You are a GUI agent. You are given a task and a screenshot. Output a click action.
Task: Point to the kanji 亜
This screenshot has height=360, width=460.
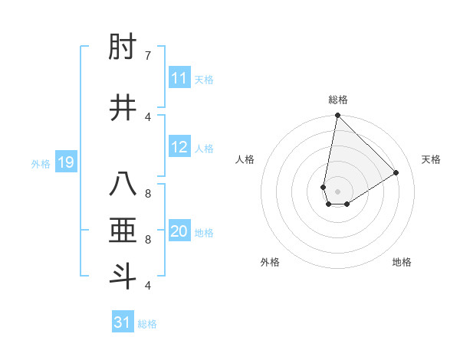124,231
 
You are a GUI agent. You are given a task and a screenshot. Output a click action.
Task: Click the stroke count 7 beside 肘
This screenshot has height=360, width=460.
148,56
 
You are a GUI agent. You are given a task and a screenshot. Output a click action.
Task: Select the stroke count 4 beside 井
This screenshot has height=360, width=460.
148,116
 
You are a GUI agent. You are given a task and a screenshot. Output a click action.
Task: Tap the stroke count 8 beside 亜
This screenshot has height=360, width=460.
148,239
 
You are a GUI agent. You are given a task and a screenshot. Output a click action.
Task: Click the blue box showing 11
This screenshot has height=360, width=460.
179,79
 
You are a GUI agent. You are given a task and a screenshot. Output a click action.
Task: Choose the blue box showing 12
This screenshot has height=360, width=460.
179,148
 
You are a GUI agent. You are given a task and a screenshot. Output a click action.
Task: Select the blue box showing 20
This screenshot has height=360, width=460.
179,232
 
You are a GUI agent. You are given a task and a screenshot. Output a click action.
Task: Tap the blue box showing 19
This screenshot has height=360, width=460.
66,162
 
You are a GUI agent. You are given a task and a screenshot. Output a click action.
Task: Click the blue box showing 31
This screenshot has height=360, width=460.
123,322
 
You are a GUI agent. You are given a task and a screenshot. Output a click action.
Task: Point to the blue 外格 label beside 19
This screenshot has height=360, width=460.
41,163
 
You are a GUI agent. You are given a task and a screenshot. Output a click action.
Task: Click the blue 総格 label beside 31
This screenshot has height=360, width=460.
147,324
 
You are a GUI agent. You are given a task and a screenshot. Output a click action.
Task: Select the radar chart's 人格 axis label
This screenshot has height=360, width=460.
245,159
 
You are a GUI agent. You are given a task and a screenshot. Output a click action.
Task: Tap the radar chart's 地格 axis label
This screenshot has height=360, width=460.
402,262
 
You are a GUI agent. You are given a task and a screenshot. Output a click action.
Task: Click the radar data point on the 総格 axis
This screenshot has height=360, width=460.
337,116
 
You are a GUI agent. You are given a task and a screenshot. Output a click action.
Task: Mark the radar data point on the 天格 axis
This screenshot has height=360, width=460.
396,172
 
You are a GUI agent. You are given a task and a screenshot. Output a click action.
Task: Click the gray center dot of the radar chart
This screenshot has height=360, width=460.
337,191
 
